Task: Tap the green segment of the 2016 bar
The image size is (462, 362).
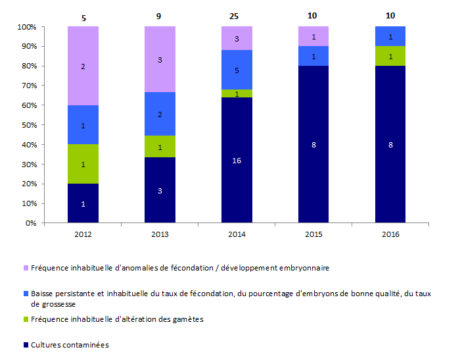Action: [x=390, y=56]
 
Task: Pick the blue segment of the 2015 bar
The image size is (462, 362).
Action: [x=313, y=56]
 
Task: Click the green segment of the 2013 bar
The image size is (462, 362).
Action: [x=160, y=147]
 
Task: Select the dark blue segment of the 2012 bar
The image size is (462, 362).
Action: [x=83, y=203]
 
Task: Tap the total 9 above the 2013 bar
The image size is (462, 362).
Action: [x=160, y=16]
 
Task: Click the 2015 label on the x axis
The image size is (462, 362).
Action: [x=313, y=234]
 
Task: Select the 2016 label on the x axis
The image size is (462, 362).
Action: [x=390, y=234]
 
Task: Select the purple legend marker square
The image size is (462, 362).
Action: [x=26, y=269]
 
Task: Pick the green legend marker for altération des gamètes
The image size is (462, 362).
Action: [x=26, y=319]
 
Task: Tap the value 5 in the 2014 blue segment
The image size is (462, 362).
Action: [x=237, y=70]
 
